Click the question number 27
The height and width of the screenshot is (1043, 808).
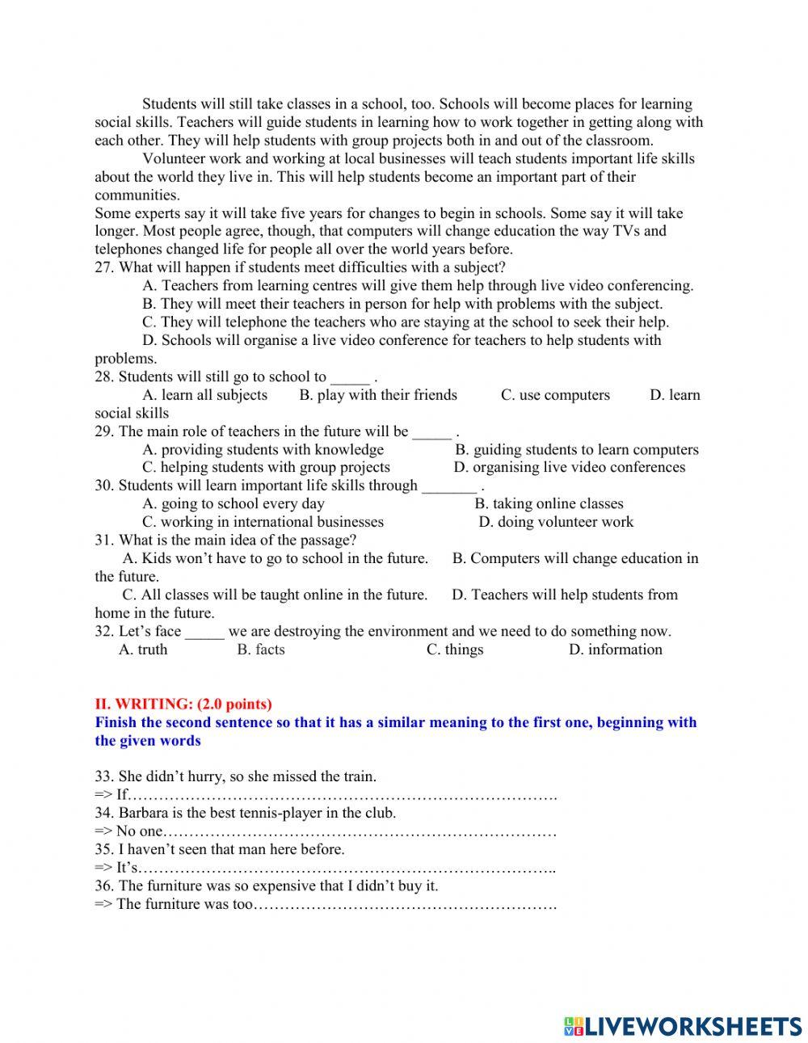pos(104,267)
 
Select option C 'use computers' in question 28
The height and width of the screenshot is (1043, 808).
pos(555,395)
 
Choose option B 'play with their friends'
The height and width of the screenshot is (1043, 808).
pos(378,395)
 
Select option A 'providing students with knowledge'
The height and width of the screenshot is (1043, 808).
pos(263,449)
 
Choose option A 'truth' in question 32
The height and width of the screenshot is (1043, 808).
pos(143,650)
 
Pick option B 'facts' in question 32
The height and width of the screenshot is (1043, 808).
pos(261,650)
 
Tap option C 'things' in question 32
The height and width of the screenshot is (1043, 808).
pos(455,650)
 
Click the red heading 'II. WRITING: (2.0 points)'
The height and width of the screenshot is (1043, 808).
pos(183,704)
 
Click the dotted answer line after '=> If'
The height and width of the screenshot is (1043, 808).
pos(343,796)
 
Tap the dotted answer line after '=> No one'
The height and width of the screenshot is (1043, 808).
pos(360,831)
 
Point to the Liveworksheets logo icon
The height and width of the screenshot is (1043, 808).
pos(574,1026)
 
